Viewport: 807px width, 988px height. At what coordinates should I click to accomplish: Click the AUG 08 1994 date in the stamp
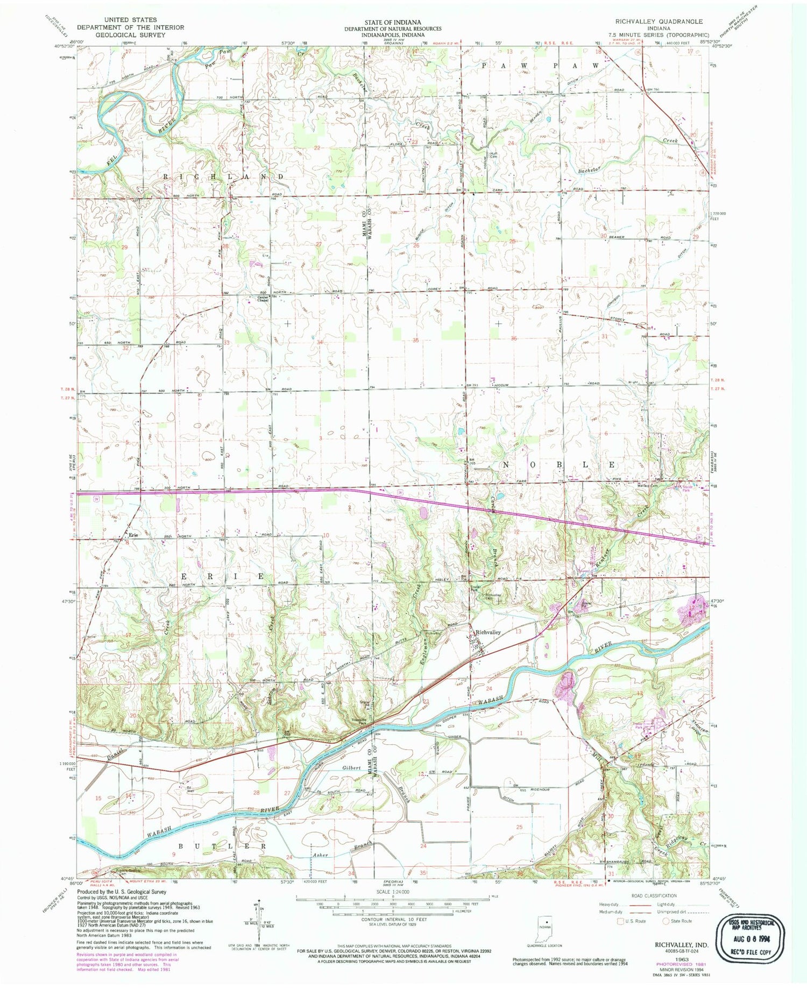[x=749, y=936]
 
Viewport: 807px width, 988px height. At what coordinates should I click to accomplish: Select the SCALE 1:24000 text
[x=392, y=891]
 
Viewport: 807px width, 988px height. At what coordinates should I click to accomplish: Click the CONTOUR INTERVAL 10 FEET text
[x=392, y=919]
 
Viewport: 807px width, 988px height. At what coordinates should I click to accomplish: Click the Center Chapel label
[x=262, y=298]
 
